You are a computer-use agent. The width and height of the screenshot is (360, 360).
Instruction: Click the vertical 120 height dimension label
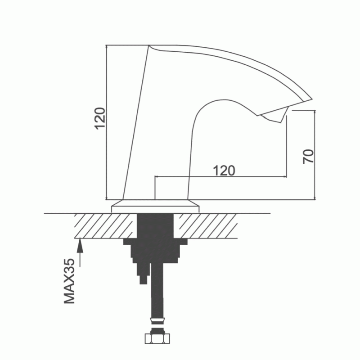point(101,118)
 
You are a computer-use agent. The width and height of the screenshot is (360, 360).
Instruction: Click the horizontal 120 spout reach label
point(224,171)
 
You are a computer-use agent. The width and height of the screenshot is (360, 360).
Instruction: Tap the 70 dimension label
point(308,156)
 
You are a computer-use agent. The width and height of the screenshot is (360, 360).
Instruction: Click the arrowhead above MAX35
point(80,245)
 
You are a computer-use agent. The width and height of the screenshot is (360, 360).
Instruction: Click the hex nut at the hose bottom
point(157,339)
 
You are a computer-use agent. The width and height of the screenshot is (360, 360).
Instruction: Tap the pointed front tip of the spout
point(312,99)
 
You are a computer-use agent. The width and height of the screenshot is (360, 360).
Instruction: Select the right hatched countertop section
point(205,226)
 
